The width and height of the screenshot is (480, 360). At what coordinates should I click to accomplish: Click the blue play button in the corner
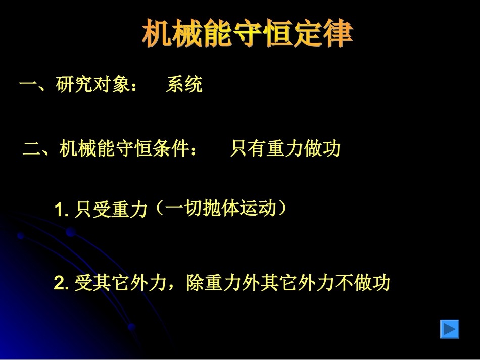point(449,329)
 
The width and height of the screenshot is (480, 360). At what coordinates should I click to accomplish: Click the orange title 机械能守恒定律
point(248,34)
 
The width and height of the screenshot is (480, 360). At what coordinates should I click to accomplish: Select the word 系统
point(184,85)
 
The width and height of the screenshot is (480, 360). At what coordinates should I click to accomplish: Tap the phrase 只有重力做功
point(285,149)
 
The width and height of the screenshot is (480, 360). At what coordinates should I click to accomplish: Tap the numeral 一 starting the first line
point(27,85)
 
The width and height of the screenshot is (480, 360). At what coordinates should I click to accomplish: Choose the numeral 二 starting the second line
point(32,149)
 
